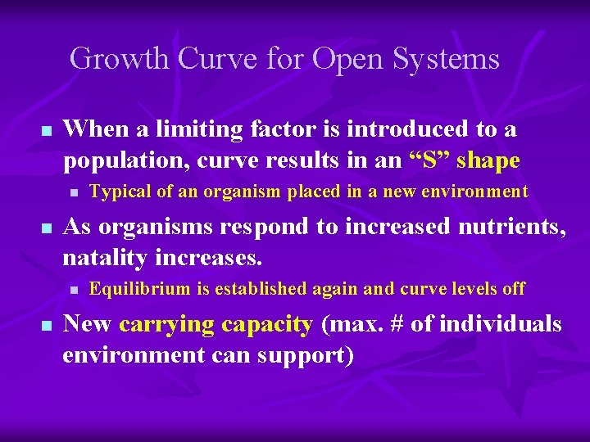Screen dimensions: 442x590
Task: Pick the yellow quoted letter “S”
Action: [x=429, y=160]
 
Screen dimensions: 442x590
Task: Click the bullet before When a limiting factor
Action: [x=47, y=131]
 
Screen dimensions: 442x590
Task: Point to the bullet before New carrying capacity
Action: [x=47, y=327]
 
